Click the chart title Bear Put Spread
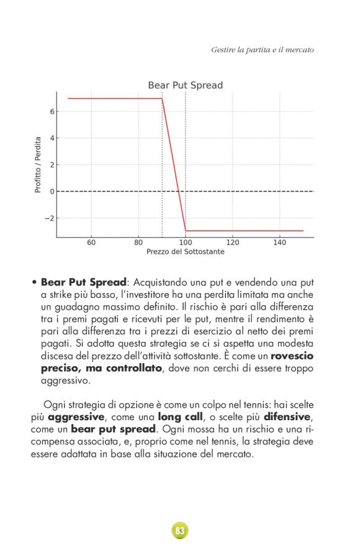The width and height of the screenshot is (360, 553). coord(185,85)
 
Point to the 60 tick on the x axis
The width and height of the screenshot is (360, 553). coord(91,243)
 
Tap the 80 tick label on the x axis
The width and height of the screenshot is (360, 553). coord(138,243)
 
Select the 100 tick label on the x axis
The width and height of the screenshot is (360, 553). coord(186,243)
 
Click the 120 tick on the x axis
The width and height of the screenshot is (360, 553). coord(233,243)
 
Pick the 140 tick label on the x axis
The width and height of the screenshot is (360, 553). coord(280,243)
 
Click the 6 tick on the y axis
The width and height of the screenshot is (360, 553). coord(52,112)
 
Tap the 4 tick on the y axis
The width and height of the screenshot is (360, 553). coord(52,138)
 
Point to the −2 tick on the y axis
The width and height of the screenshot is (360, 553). coord(50,218)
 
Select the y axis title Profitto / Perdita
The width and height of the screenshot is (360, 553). coord(38,164)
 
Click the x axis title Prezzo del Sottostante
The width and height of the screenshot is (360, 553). coord(185,252)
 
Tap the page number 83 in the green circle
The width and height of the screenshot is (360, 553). coord(180,531)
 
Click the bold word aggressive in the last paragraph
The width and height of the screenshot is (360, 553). coord(78,416)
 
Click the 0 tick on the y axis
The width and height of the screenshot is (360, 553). coord(52,192)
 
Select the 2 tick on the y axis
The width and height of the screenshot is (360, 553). coord(52,165)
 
